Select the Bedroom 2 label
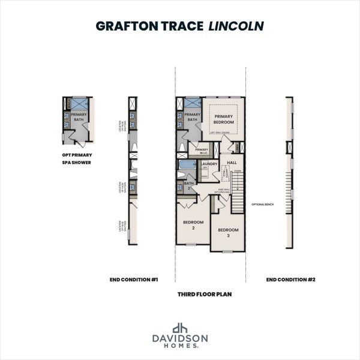tap(193, 224)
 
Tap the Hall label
tap(232, 163)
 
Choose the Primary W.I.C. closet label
tap(202, 151)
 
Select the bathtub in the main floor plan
tap(187, 164)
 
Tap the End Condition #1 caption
tap(133, 279)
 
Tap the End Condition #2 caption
tap(290, 279)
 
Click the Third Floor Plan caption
tap(204, 295)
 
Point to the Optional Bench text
tap(262, 205)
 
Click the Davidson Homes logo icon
tap(180, 328)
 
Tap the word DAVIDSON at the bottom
tap(180, 338)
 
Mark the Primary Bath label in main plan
tap(192, 117)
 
